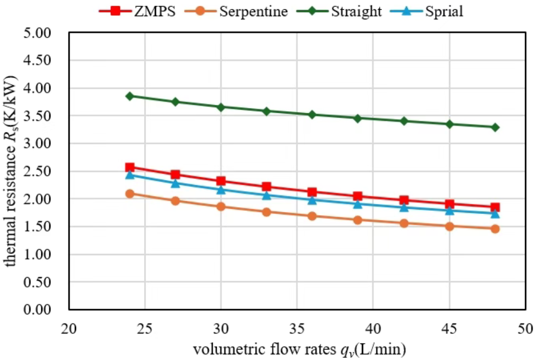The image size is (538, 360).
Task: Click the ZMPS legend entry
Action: tap(137, 11)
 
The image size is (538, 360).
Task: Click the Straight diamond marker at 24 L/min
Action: tap(130, 96)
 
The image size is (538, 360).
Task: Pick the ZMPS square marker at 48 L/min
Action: tap(495, 207)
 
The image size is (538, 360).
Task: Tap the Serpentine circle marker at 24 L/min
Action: tap(130, 194)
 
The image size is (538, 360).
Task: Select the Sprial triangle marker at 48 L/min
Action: tap(495, 213)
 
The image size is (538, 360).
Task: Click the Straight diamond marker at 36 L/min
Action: tap(312, 114)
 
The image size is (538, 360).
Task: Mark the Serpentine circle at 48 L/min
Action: tap(495, 229)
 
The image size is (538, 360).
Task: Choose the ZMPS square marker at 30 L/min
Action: tap(221, 181)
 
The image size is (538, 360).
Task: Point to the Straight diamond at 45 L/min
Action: tap(449, 124)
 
